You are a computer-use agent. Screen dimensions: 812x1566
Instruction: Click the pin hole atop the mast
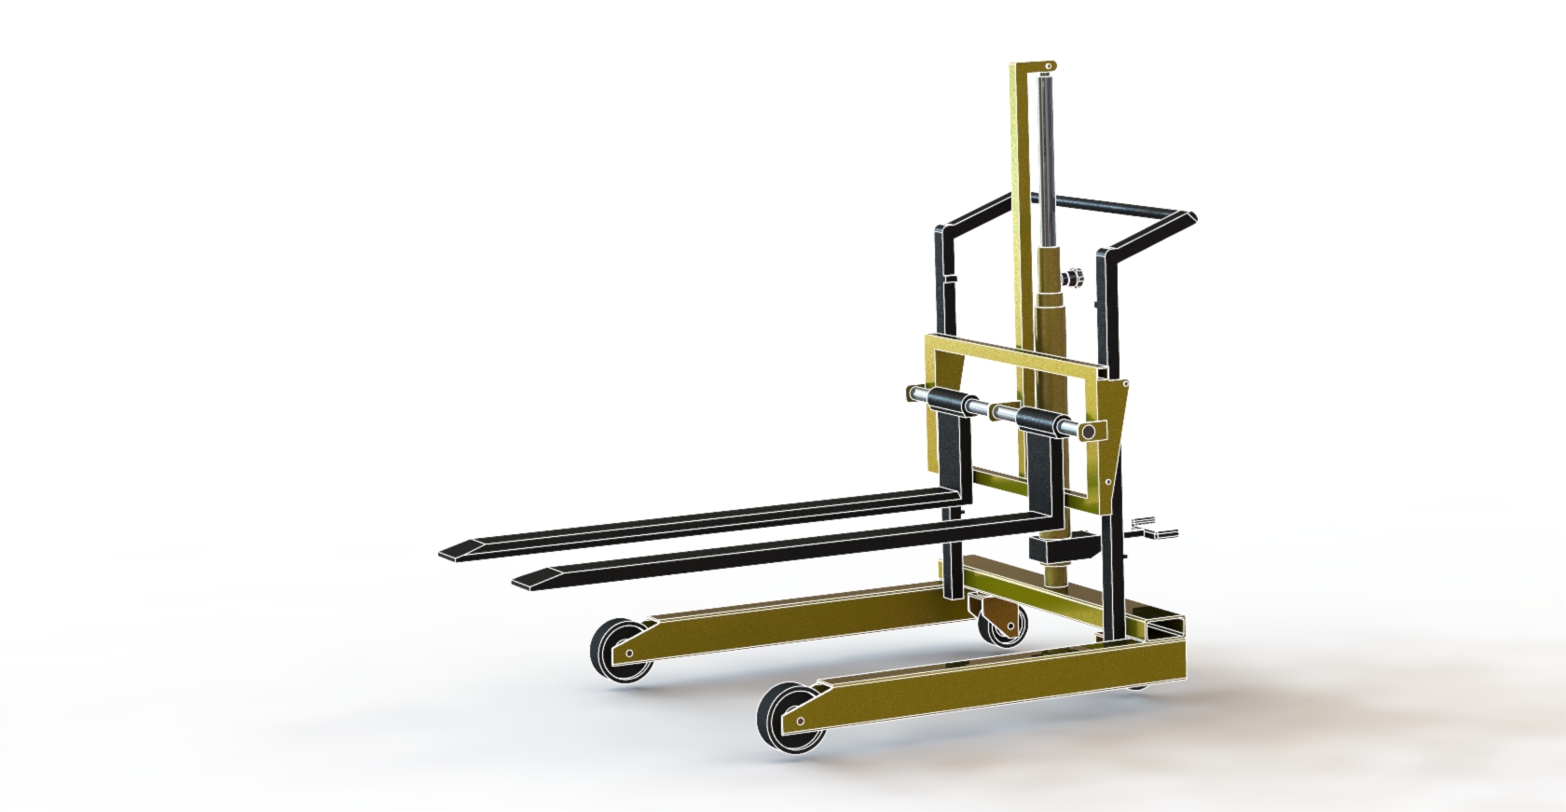point(1048,66)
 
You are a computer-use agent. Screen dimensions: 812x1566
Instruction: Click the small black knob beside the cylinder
point(1072,280)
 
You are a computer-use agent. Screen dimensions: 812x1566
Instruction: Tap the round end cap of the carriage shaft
point(1087,432)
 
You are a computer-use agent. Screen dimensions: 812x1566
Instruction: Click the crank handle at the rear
point(1156,531)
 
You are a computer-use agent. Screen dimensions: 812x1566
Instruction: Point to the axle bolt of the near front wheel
point(800,721)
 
